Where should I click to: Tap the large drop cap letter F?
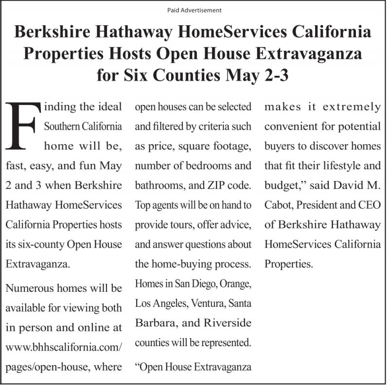(x=22, y=125)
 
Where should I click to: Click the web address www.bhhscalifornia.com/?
(x=64, y=348)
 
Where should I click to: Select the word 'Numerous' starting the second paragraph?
(x=28, y=288)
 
